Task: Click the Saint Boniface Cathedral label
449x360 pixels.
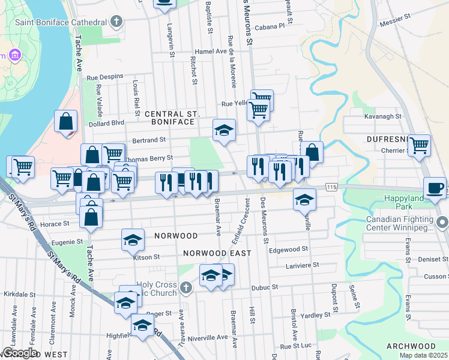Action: pos(63,22)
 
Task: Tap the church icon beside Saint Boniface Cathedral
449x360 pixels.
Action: pos(116,22)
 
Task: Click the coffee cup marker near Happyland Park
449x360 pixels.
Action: pos(435,187)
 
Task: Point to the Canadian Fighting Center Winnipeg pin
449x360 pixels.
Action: pos(442,223)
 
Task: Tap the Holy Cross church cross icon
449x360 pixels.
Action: pos(186,289)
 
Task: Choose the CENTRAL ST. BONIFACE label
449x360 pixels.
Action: pos(170,118)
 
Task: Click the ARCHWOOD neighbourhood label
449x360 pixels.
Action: pos(411,347)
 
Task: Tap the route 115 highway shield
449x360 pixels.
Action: pos(332,187)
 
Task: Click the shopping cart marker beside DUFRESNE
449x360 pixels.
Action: pos(419,145)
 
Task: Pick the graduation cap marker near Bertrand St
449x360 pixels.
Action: pos(224,130)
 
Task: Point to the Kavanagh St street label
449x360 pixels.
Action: pos(382,116)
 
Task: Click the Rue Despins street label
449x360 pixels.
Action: pos(105,77)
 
